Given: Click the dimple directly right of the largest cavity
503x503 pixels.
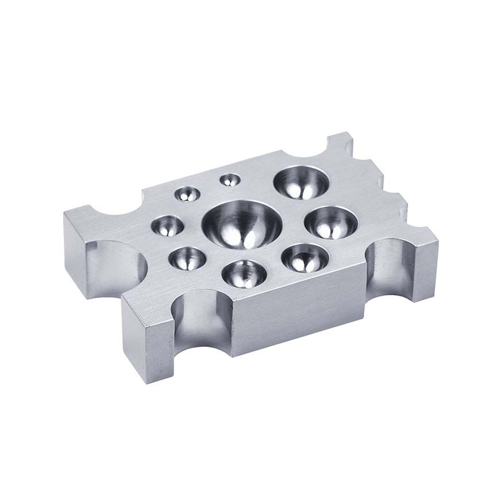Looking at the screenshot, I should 331,223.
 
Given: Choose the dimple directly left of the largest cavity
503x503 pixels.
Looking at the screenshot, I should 167,226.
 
